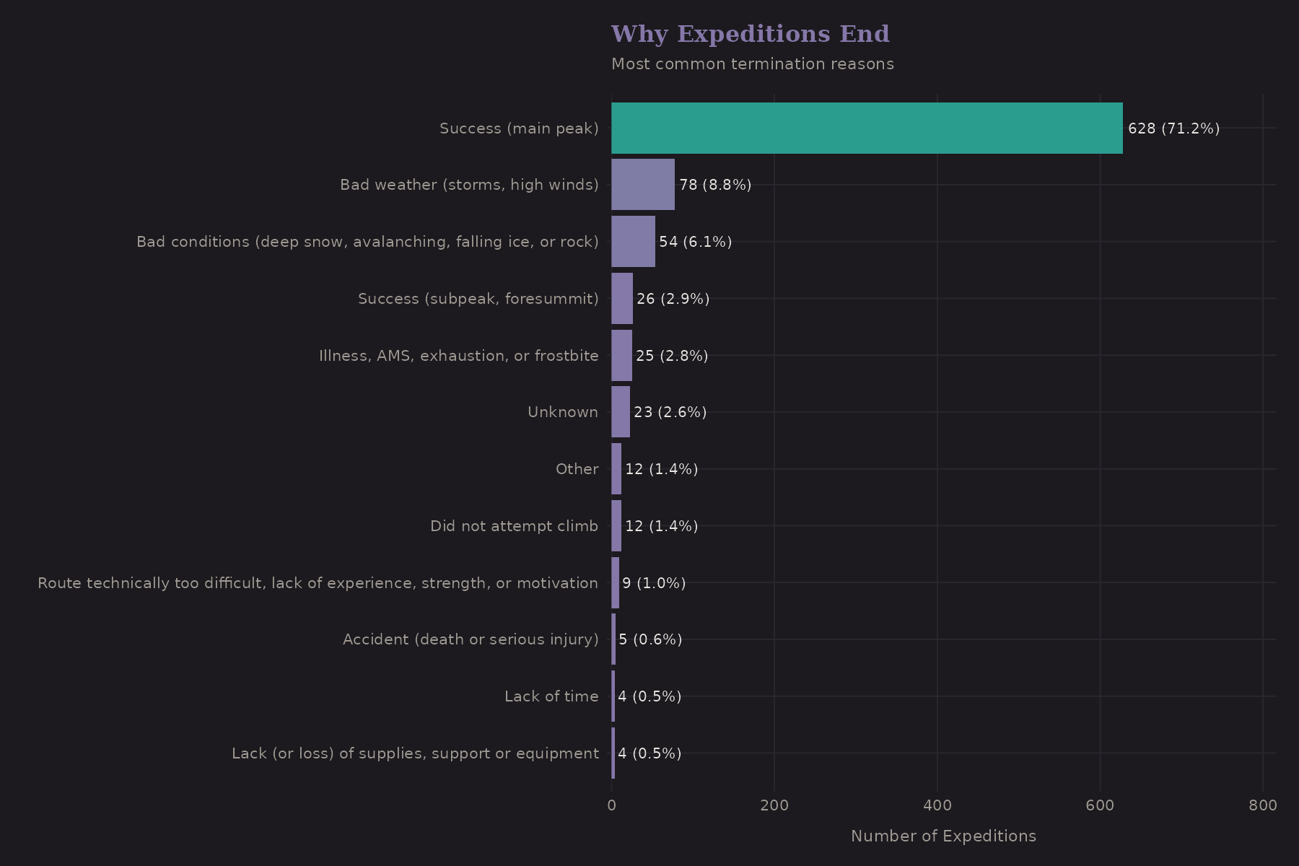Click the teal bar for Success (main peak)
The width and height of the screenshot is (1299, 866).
(866, 128)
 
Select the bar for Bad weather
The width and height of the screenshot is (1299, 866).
(642, 185)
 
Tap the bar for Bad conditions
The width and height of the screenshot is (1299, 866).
(633, 242)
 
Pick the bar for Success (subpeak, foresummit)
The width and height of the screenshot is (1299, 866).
(622, 298)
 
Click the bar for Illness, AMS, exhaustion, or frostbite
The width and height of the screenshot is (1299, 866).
(621, 355)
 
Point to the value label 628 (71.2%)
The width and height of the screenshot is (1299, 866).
(1173, 128)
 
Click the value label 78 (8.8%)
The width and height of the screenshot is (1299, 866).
(715, 185)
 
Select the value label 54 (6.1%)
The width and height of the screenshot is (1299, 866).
(695, 242)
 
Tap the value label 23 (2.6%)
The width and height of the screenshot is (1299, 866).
(670, 412)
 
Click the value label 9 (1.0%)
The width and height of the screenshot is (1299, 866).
(654, 583)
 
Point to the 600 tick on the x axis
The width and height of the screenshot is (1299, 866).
(1100, 805)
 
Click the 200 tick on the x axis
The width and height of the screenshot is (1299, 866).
(774, 805)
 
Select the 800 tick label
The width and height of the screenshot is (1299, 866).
(1263, 805)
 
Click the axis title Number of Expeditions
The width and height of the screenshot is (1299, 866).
(943, 836)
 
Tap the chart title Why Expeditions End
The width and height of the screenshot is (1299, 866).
(750, 34)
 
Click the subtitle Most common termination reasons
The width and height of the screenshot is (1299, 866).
(752, 64)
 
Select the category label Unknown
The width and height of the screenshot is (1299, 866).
(562, 412)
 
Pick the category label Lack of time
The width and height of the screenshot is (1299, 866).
(551, 696)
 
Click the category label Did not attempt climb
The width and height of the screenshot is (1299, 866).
(514, 526)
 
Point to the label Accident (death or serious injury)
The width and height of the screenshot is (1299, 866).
(471, 639)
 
